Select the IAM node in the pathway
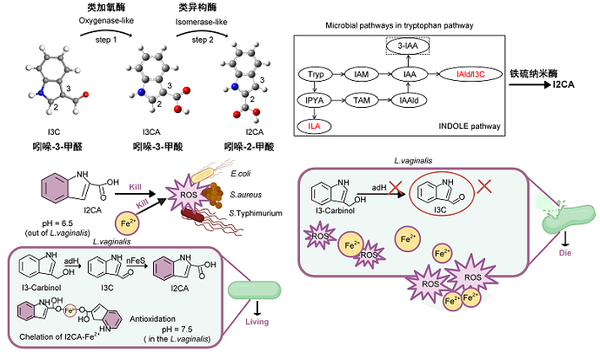(361, 76)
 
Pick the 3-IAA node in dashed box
(406, 51)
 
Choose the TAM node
(361, 101)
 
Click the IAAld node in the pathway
(406, 101)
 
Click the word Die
(566, 252)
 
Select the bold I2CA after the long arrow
(569, 88)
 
